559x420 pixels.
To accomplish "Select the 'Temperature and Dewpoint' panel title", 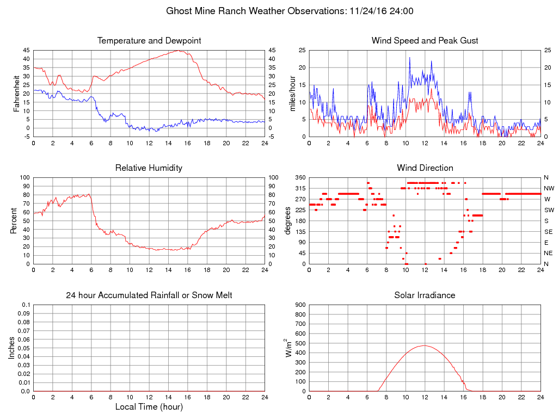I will point(149,41).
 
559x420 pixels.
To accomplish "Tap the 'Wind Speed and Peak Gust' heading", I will point(425,41).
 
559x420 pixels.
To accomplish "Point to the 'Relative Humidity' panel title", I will point(149,168).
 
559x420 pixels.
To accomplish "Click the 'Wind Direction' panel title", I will point(425,168).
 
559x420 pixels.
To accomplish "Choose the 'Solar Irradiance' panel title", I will point(425,295).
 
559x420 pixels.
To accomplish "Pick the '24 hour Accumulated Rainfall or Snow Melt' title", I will point(149,295).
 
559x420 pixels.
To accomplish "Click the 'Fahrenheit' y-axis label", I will point(17,94).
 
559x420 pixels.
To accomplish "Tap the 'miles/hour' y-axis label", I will point(292,94).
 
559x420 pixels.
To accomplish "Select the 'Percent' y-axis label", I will point(14,221).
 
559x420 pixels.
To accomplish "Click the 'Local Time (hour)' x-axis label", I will point(149,407).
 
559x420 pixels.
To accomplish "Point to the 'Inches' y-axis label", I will point(12,348).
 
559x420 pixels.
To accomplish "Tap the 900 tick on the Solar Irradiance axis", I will point(300,305).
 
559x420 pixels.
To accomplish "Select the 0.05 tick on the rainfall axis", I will point(24,348).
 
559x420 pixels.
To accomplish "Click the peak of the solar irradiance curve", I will point(425,345).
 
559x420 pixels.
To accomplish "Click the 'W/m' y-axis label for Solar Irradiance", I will point(288,348).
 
